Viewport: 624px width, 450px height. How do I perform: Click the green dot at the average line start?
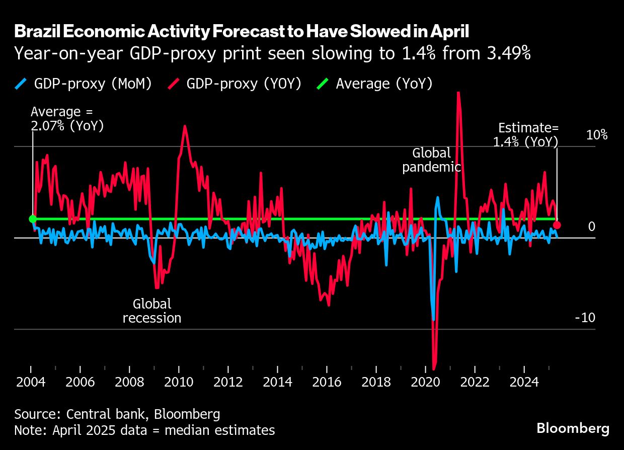[x=33, y=219]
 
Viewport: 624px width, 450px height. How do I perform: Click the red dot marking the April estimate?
[x=557, y=225]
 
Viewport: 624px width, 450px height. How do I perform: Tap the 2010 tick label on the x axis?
[x=179, y=382]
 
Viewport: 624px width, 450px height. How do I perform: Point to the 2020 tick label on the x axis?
[x=426, y=382]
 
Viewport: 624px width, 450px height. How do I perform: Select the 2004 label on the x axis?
[x=31, y=382]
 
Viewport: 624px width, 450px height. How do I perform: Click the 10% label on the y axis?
[x=597, y=135]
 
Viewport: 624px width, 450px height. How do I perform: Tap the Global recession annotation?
[x=152, y=311]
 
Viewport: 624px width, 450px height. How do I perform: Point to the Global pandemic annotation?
[x=432, y=160]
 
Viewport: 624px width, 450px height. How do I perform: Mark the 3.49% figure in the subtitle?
[x=503, y=53]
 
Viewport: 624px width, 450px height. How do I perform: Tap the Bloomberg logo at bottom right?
[x=573, y=429]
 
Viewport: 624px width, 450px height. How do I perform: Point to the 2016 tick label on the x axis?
[x=327, y=382]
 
